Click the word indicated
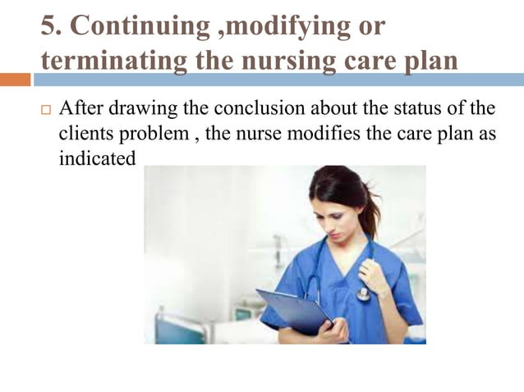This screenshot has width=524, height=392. (x=97, y=158)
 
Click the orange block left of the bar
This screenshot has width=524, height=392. (x=15, y=80)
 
